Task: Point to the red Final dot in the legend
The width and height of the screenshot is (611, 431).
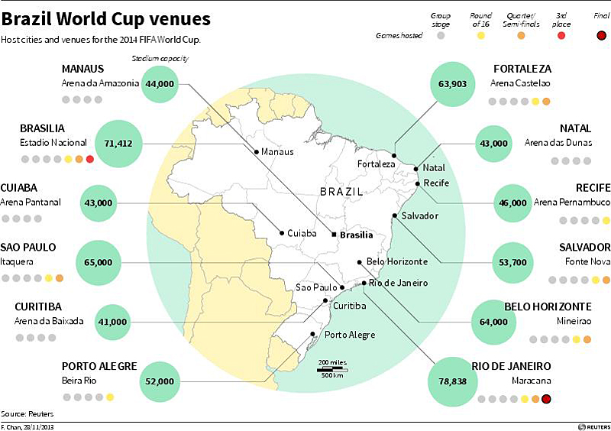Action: (x=601, y=34)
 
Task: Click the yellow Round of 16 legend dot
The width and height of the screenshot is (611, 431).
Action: (x=481, y=34)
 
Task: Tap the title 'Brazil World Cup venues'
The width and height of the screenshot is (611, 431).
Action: (x=106, y=18)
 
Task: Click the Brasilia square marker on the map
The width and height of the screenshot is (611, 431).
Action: (x=334, y=235)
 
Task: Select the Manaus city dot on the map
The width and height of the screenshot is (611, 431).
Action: (x=256, y=151)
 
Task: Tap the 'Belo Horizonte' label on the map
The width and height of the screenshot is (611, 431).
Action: (x=396, y=261)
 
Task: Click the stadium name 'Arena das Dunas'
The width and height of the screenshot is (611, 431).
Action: (x=567, y=143)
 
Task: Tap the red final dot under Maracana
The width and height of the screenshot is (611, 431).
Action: (x=546, y=398)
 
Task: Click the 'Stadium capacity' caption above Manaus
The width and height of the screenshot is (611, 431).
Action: (x=160, y=58)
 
